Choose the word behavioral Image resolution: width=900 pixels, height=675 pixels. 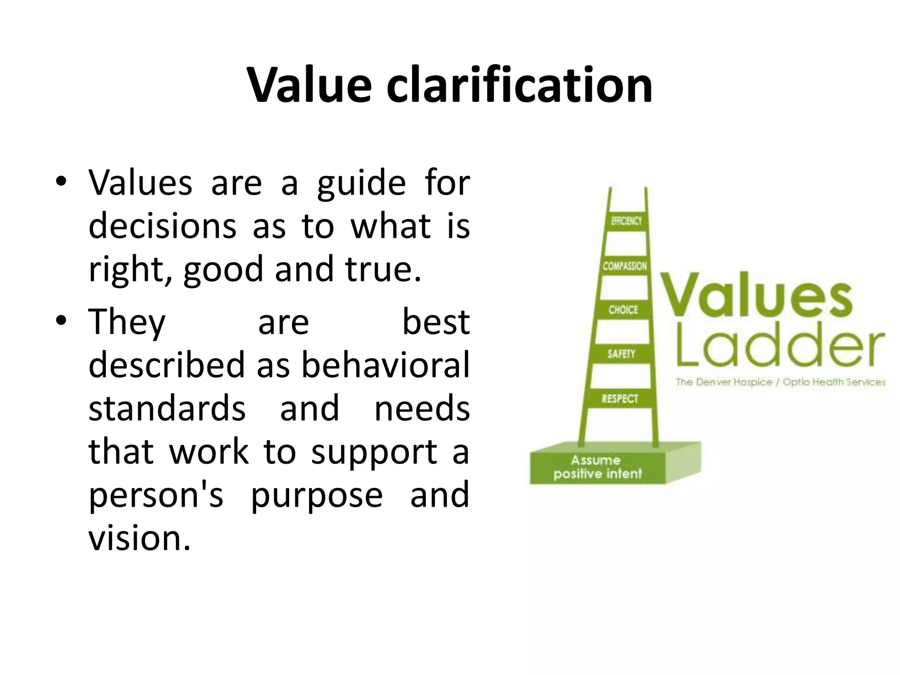click(385, 365)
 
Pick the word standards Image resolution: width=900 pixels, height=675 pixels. click(167, 408)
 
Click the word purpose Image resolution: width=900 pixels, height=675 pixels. click(317, 495)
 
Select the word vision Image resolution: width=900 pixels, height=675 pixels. click(140, 538)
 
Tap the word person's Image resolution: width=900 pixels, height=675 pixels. click(156, 495)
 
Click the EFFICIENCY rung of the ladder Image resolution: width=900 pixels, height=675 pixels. click(626, 221)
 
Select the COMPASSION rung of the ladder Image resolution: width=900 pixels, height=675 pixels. click(624, 266)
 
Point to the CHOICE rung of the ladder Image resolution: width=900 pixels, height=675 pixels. click(623, 310)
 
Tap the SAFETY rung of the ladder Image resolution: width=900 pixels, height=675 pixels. click(621, 354)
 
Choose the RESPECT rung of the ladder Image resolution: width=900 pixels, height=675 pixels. click(620, 399)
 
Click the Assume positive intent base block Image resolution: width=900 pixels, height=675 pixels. click(598, 467)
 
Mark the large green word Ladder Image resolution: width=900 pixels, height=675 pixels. click(780, 348)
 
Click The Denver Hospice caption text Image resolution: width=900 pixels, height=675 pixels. click(780, 382)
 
